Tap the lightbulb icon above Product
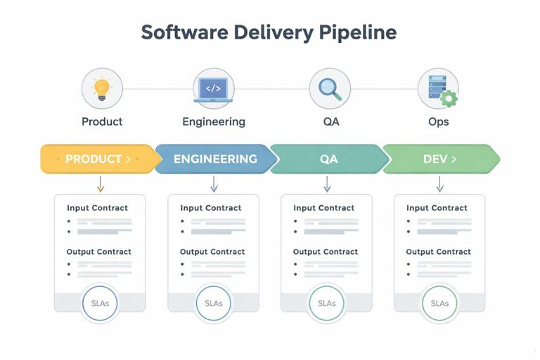102,89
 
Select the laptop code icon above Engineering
214,89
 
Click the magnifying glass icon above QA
330,89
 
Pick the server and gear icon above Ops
438,89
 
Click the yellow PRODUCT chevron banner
97,159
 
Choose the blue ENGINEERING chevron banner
214,159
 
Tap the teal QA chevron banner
328,159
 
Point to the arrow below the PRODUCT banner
101,184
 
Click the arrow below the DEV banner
440,184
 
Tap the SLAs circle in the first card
101,303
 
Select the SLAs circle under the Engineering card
214,303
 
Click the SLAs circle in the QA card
327,303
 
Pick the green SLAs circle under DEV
439,303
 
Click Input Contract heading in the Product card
98,208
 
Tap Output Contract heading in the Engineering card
212,252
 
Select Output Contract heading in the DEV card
438,252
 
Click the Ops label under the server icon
438,122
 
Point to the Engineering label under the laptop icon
214,122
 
